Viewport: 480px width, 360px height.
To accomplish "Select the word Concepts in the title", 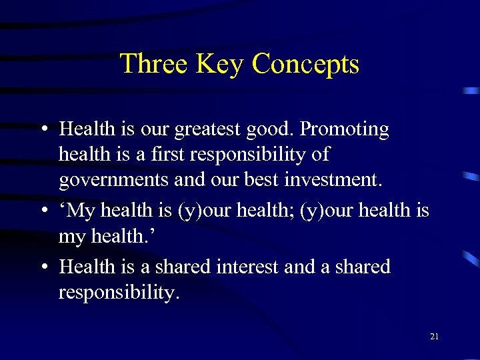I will [306, 64].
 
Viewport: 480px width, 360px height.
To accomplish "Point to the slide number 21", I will [434, 337].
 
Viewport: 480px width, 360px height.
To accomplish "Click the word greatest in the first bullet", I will [217, 129].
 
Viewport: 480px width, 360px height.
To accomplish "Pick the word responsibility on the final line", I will [119, 293].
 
